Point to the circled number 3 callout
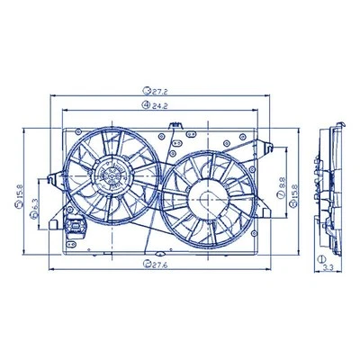click(145, 91)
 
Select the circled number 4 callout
click(145, 105)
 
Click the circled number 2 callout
click(145, 264)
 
